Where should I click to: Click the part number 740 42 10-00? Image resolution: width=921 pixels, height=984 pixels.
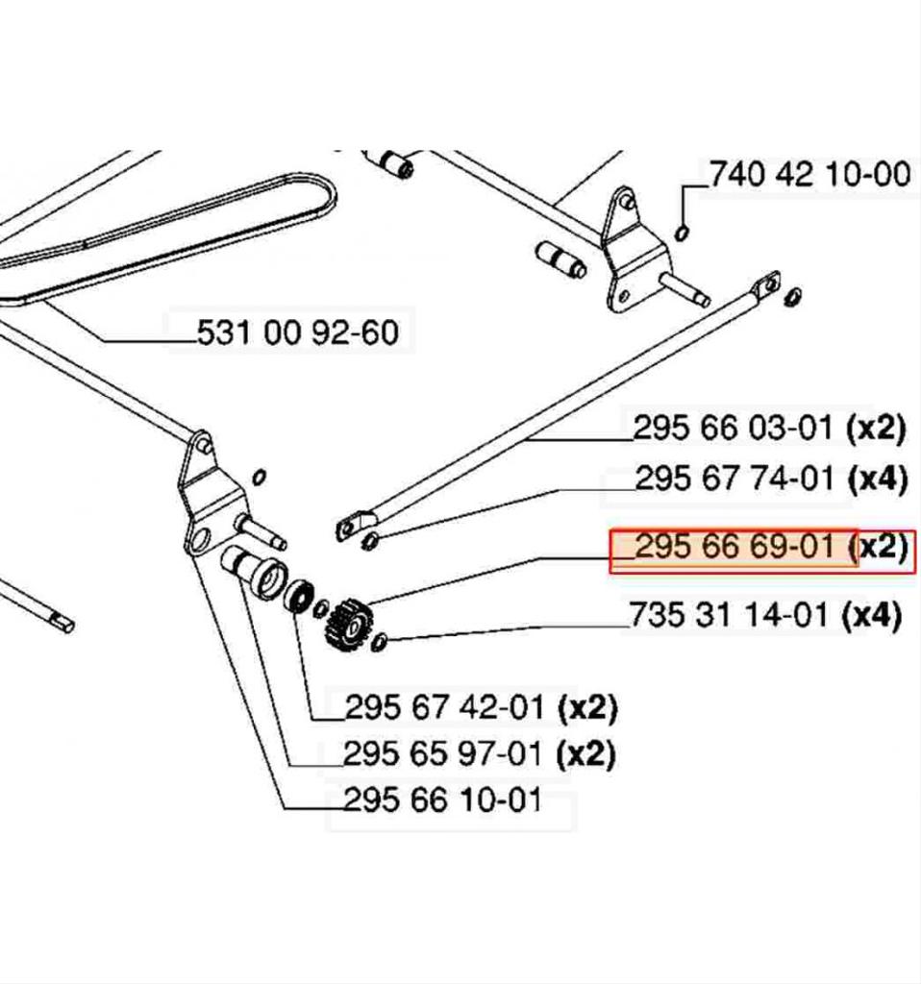click(809, 175)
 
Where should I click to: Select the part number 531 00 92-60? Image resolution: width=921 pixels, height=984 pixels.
click(296, 332)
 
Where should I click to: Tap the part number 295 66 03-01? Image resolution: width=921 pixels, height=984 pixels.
click(733, 428)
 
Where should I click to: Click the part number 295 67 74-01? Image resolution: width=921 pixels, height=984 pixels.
click(735, 478)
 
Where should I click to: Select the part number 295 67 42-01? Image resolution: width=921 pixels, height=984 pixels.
click(447, 708)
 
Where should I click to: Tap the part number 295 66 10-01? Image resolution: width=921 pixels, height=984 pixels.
click(442, 799)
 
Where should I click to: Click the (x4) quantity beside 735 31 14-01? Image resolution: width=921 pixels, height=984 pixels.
click(871, 615)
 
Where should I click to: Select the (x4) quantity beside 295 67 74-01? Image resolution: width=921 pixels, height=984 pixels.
click(877, 478)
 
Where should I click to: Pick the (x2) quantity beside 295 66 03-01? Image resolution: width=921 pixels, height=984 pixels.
click(875, 428)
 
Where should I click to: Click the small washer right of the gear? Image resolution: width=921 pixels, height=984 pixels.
click(379, 642)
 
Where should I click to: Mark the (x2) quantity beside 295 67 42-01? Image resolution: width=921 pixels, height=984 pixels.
click(587, 708)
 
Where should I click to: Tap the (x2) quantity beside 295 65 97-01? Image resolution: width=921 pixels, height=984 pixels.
click(585, 753)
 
